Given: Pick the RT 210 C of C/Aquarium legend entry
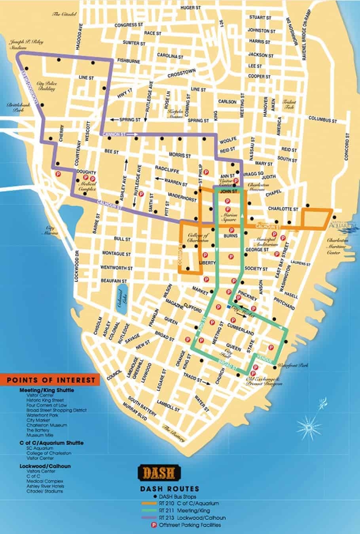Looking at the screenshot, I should coord(188,504).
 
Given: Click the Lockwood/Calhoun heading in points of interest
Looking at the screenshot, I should coord(45,466).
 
